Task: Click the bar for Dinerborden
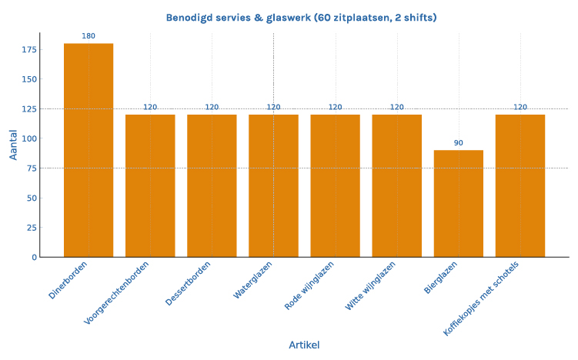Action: coord(89,150)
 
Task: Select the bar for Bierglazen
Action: coord(459,203)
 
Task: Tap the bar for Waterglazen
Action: coord(273,185)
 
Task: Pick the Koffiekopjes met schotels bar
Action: coord(520,185)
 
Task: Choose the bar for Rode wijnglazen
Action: coord(335,185)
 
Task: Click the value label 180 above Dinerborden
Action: coord(89,35)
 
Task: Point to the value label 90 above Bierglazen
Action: coord(459,142)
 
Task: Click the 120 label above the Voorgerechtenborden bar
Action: coord(150,107)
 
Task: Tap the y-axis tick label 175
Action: coord(28,50)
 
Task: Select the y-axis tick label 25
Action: coord(31,228)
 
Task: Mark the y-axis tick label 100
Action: coord(28,139)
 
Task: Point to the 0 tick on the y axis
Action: coord(34,257)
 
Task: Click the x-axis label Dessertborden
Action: coord(189,284)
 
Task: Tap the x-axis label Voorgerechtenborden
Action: coord(117,292)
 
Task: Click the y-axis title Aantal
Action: coord(13,144)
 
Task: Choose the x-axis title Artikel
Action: coord(304,345)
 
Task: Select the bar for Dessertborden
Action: coord(212,185)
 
